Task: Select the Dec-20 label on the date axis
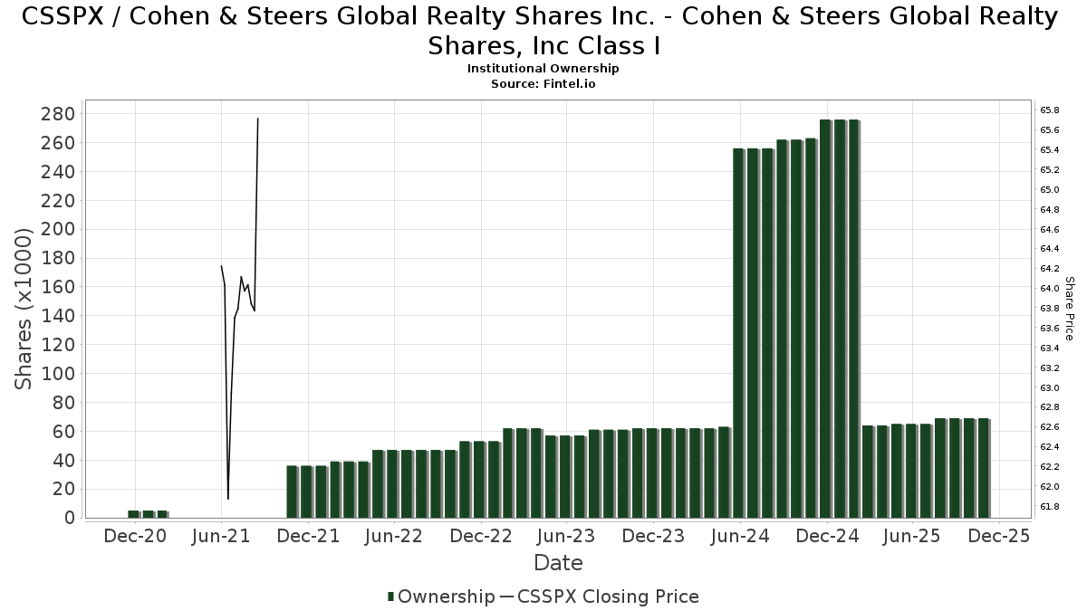pos(135,536)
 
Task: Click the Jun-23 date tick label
pos(566,536)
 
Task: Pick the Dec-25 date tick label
pos(997,536)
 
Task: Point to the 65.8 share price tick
pos(1050,110)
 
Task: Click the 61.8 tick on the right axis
pos(1050,506)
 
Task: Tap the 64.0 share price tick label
pos(1050,288)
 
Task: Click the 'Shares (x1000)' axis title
pos(24,309)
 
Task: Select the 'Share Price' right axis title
pos(1069,309)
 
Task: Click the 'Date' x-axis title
pos(558,563)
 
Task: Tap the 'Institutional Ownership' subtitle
pos(543,69)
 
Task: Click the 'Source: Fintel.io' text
pos(543,83)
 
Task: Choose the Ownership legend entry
pos(439,597)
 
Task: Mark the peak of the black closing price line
pos(258,119)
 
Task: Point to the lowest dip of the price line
pos(228,499)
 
